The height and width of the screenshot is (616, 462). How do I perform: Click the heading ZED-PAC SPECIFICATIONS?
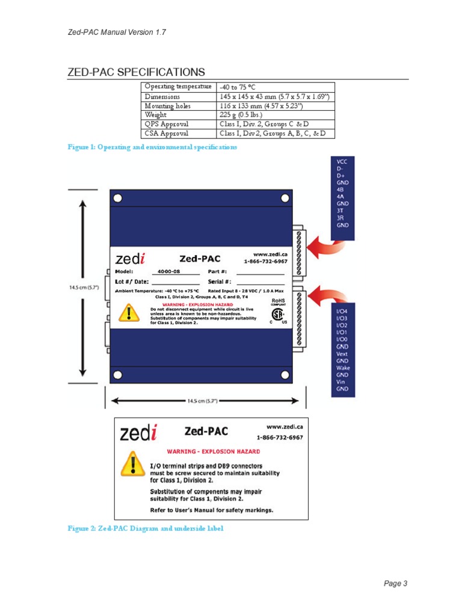click(x=136, y=72)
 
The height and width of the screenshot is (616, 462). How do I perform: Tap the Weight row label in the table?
click(x=155, y=114)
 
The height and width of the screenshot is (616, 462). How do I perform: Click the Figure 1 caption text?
click(x=152, y=147)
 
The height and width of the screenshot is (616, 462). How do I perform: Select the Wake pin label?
click(x=343, y=368)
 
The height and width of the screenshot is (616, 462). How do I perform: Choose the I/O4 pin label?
click(x=342, y=311)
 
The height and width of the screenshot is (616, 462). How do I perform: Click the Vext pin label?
click(x=342, y=354)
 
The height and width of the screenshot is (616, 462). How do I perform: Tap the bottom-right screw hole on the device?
click(x=283, y=376)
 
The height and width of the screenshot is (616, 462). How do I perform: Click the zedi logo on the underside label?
click(x=139, y=433)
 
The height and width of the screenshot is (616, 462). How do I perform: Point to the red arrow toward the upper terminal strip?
click(x=325, y=245)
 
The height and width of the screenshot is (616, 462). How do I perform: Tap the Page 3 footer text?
click(x=396, y=583)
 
